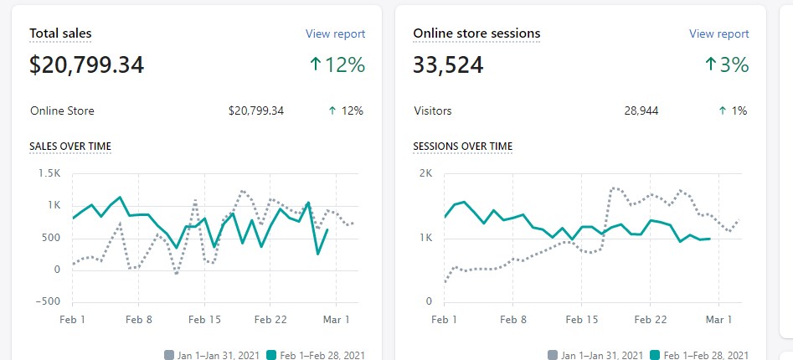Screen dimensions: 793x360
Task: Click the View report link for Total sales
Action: (335, 33)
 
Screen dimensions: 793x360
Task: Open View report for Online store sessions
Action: (718, 33)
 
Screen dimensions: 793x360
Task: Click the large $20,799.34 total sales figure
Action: (86, 65)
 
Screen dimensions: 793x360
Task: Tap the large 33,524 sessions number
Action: (448, 65)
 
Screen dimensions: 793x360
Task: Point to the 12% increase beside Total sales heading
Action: (337, 64)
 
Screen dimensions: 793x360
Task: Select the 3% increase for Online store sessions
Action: (727, 64)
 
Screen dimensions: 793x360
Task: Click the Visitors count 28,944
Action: (641, 111)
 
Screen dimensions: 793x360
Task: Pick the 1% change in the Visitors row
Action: (733, 111)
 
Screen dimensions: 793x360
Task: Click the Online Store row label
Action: (62, 111)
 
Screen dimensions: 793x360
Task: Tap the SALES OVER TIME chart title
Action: (70, 147)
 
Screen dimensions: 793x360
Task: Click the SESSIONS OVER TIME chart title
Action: (463, 147)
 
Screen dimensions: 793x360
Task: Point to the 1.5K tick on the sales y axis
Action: (49, 173)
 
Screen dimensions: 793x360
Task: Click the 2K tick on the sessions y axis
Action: (426, 173)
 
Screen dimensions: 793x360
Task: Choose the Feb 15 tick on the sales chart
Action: (204, 320)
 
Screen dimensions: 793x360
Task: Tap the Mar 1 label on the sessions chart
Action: (718, 320)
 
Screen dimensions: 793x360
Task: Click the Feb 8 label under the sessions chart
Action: (512, 320)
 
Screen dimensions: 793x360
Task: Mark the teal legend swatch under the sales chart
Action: (271, 355)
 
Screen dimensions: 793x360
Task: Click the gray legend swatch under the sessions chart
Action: (553, 355)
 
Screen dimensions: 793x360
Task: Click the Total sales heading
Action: (60, 33)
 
